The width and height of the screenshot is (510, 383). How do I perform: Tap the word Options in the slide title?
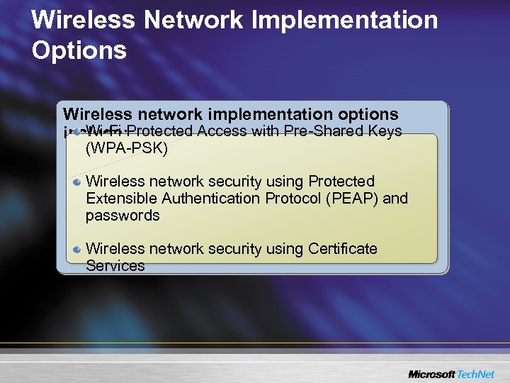79,50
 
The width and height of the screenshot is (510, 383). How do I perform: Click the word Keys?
385,131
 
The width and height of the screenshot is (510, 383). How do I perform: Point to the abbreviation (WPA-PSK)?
127,150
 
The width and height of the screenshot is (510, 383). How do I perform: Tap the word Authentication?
214,199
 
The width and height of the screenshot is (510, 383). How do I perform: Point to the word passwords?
123,216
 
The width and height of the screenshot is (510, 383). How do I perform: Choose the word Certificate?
342,249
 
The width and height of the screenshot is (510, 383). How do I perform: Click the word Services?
115,266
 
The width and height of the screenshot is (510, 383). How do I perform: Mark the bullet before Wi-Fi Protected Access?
76,131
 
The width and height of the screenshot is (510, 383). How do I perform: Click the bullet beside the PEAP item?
77,182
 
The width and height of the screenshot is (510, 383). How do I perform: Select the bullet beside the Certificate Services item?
77,250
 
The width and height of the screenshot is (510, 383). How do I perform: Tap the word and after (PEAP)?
395,199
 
